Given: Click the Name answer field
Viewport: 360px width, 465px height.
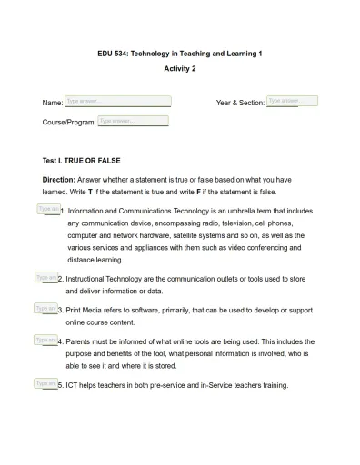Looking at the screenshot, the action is [117, 102].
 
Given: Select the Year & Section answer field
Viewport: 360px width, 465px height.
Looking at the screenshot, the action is [292, 101].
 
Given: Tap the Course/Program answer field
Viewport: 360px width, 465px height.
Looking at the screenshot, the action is [138, 120].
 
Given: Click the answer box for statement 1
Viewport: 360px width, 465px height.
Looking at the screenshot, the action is [48, 209].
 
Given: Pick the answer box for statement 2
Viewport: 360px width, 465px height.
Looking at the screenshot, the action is [45, 277].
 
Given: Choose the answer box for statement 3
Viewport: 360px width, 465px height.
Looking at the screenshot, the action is [45, 309].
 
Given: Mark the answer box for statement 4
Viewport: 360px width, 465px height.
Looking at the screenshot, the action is [45, 340].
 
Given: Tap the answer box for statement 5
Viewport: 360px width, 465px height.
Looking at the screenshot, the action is [45, 383].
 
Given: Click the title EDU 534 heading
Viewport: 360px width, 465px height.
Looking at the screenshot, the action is [180, 54].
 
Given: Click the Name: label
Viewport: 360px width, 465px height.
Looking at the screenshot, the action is [53, 104].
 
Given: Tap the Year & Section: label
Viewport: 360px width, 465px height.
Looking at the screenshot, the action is [240, 104].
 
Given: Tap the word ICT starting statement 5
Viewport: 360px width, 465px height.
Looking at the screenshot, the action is [73, 385].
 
